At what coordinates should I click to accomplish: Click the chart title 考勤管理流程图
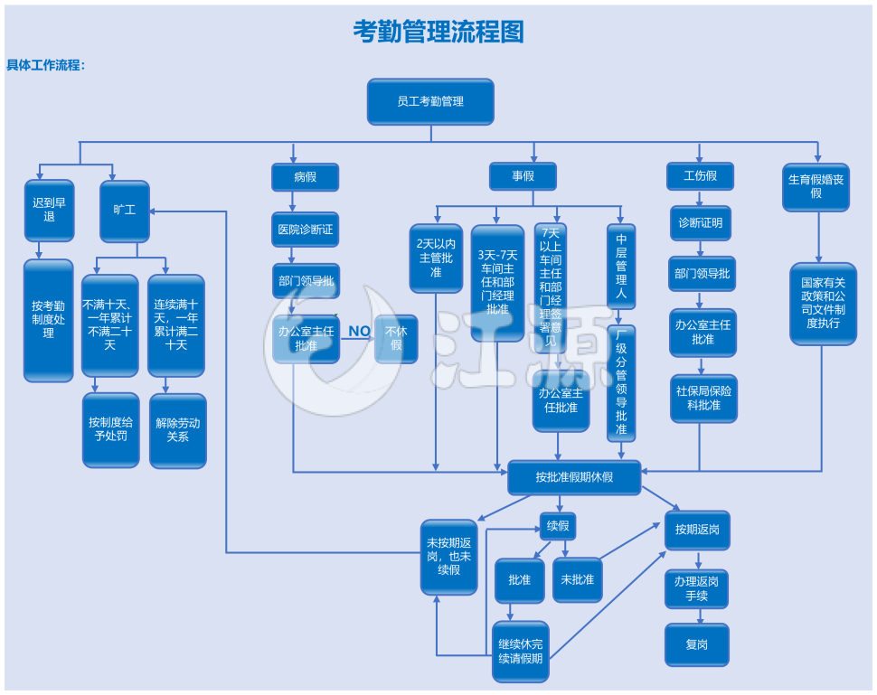pos(438,33)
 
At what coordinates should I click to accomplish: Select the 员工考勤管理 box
pos(430,101)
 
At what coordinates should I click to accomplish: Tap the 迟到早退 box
pos(49,210)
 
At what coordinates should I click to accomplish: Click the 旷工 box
pos(124,211)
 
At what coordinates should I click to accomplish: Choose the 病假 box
pos(306,176)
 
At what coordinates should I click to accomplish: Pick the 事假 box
pos(523,176)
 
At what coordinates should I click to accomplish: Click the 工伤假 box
pos(700,175)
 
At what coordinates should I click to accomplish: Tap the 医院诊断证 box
pos(306,230)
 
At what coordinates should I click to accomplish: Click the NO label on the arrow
pos(359,331)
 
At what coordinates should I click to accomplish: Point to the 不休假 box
pos(396,338)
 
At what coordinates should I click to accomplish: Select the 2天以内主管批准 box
pos(436,258)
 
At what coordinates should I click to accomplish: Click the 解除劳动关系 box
pos(177,430)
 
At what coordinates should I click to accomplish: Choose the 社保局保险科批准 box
pos(703,399)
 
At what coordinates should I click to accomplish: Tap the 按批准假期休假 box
pos(574,477)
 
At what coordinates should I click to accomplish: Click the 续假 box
pos(558,525)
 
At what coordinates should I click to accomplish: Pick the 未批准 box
pos(577,579)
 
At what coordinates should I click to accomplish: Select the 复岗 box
pos(696,645)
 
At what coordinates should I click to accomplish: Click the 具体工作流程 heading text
pos(46,65)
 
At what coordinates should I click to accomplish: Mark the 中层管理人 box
pos(621,267)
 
